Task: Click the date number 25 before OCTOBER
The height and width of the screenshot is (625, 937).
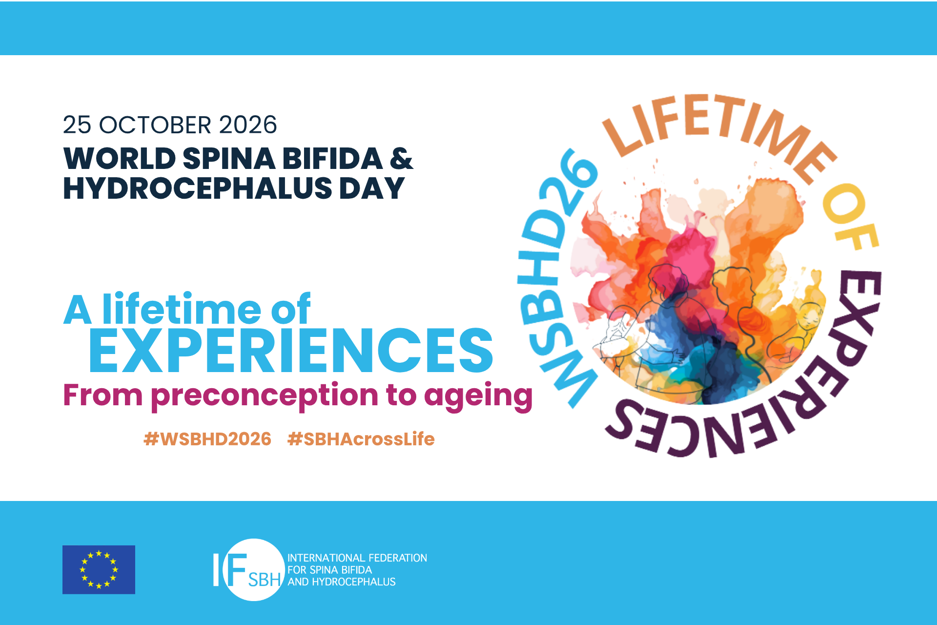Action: (x=77, y=125)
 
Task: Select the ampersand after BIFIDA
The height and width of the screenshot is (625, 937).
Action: (x=402, y=158)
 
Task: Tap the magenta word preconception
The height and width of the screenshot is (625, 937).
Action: (x=265, y=396)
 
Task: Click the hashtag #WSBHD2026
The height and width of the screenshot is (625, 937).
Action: (x=207, y=439)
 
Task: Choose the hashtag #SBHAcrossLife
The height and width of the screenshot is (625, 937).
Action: (x=361, y=439)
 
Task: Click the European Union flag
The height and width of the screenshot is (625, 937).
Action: (x=99, y=569)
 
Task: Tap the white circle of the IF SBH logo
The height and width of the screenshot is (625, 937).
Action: (x=254, y=569)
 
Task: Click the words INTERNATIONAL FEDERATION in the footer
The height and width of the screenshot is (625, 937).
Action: (x=357, y=558)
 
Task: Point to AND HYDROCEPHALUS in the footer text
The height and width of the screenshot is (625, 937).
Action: (x=342, y=582)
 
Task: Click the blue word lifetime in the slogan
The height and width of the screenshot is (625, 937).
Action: (x=182, y=309)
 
